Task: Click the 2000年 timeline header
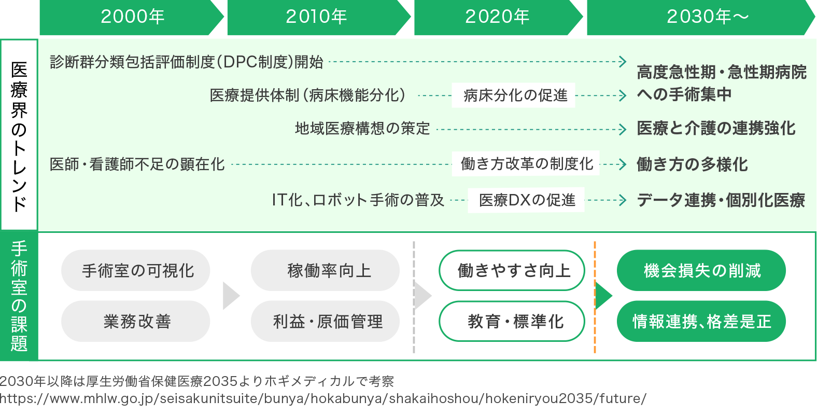point(132,17)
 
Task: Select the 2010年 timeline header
point(316,17)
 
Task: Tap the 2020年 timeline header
point(497,17)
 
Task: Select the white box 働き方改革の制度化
point(526,164)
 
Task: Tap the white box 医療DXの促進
point(526,200)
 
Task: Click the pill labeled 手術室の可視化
point(136,270)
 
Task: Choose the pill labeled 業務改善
point(136,321)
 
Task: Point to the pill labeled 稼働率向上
point(326,270)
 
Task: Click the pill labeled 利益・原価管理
point(326,321)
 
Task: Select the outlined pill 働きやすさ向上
point(512,270)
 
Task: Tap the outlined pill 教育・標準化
point(512,321)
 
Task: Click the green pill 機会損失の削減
point(701,270)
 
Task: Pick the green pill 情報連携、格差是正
point(701,321)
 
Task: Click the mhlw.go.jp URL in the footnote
point(323,398)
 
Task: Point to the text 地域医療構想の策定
point(362,128)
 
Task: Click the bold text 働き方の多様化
point(692,164)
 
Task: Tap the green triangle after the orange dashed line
point(604,296)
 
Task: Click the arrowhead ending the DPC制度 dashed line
point(623,62)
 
